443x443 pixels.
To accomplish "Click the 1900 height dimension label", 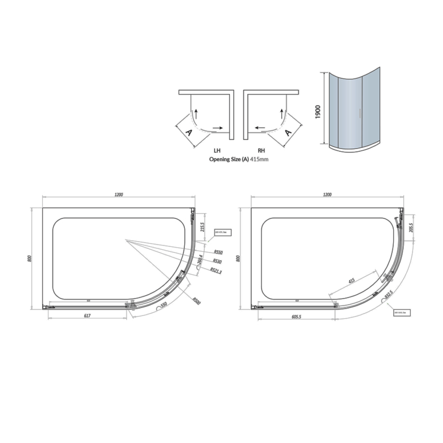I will pyautogui.click(x=318, y=112).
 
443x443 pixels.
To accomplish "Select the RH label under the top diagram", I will pyautogui.click(x=261, y=151).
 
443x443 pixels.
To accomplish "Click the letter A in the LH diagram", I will pyautogui.click(x=187, y=133).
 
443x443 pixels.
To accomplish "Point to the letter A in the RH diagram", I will pyautogui.click(x=288, y=133).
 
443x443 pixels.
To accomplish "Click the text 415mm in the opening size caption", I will pyautogui.click(x=259, y=159).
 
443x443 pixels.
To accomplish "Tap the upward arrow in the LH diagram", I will pyautogui.click(x=196, y=114).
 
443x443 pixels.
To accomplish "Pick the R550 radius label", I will pyautogui.click(x=218, y=252).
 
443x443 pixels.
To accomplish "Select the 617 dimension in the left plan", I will pyautogui.click(x=87, y=316).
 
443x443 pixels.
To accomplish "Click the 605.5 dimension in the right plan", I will pyautogui.click(x=296, y=317).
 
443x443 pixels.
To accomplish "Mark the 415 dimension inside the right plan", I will pyautogui.click(x=352, y=281).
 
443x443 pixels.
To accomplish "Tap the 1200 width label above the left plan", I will pyautogui.click(x=119, y=194).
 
